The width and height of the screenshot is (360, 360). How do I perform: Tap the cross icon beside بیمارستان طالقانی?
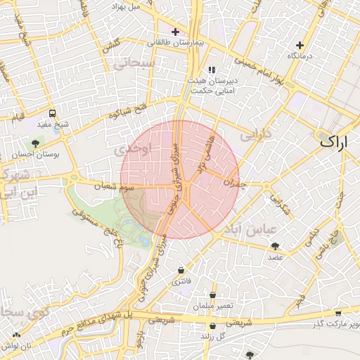175,32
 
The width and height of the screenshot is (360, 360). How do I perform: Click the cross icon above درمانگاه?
300,45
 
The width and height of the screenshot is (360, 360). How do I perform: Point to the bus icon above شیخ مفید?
52,113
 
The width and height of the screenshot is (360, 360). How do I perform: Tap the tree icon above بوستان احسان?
35,143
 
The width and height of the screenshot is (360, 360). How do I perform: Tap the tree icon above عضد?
274,246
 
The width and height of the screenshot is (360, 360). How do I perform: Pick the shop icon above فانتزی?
181,270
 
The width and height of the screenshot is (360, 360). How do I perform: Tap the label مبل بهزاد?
127,6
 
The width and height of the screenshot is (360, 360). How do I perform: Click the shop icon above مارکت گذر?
338,312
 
